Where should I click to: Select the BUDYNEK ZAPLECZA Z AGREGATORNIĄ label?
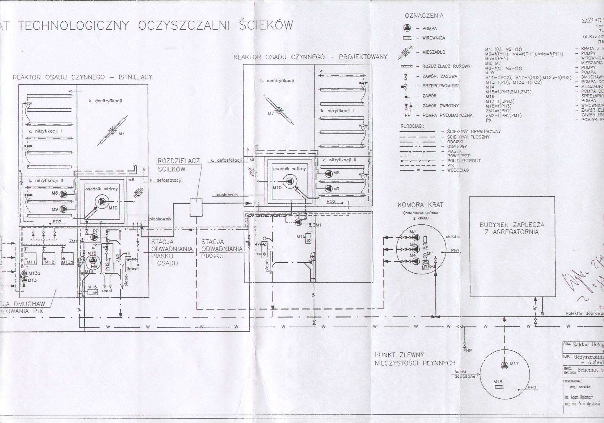point(512,228)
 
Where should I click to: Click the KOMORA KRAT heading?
point(420,205)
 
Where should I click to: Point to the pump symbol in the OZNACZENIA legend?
point(407,28)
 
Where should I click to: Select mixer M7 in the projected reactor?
point(279,111)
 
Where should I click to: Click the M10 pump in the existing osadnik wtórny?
point(102,202)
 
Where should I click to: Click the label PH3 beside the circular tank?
point(532,388)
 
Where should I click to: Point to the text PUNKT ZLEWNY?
point(400,354)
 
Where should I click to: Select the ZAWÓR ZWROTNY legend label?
point(440,106)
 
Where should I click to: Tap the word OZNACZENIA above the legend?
point(424,16)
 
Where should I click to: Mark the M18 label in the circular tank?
point(498,382)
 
